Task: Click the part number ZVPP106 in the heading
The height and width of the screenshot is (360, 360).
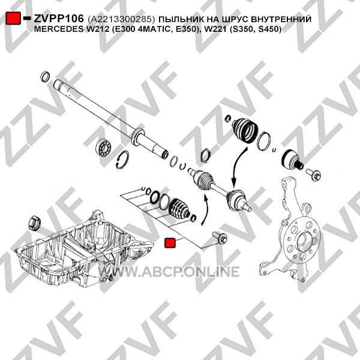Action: (59, 19)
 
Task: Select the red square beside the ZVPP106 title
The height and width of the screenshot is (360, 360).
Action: (13, 19)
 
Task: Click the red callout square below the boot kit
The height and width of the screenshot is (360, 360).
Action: (170, 243)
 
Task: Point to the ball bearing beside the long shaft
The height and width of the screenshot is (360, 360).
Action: (104, 146)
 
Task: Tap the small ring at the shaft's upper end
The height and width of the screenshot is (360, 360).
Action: (45, 77)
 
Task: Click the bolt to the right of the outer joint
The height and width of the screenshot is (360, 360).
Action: (313, 174)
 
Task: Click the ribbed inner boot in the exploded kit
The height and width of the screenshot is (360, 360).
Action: (179, 208)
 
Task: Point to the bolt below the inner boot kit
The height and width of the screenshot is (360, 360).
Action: (220, 238)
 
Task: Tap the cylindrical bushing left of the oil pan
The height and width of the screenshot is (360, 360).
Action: (34, 223)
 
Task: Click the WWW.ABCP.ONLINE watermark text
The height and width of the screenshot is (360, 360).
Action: (169, 272)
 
